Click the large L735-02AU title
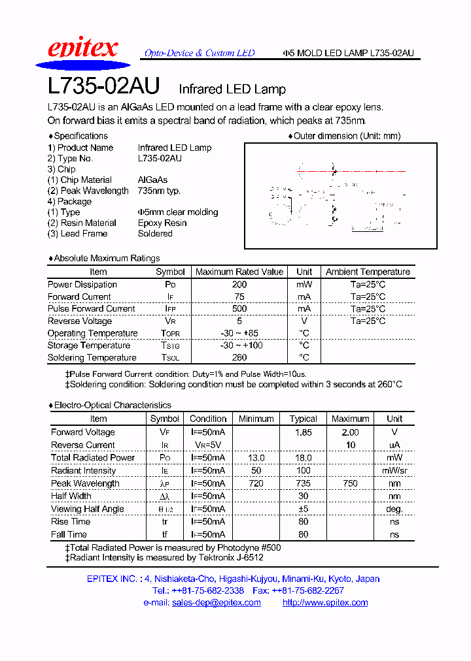click(x=104, y=88)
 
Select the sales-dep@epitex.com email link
click(x=216, y=602)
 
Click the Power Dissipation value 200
click(x=239, y=284)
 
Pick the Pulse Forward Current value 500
click(x=239, y=308)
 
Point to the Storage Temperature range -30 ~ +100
click(x=239, y=345)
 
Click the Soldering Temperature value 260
click(x=239, y=357)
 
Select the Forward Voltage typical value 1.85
click(x=303, y=432)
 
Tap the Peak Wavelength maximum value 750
click(x=350, y=483)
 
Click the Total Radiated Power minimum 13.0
click(x=256, y=458)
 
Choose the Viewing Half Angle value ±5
click(x=303, y=509)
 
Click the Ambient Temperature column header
click(x=368, y=272)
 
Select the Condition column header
click(x=208, y=419)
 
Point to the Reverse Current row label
click(x=82, y=445)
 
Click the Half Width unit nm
click(x=394, y=496)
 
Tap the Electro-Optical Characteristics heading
click(x=112, y=405)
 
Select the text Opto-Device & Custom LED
click(x=200, y=53)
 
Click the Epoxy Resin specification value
click(x=162, y=223)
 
